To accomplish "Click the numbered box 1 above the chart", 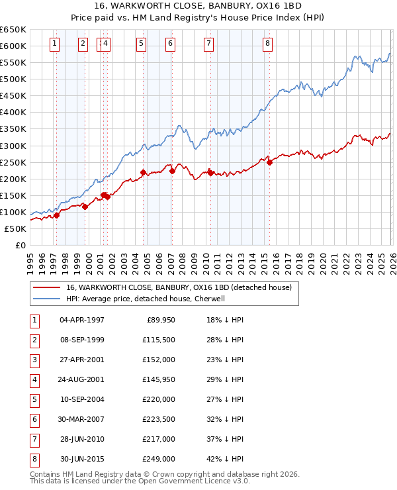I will [54, 44].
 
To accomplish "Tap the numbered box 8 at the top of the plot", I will [267, 44].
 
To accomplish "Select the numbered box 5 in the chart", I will [142, 44].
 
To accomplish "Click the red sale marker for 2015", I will [269, 162].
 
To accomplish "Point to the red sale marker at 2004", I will [143, 172].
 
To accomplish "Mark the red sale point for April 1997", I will [56, 215].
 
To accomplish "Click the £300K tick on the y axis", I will [13, 146].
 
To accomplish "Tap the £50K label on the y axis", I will [15, 228].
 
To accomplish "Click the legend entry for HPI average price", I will [146, 299].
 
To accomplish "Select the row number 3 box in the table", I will [33, 360].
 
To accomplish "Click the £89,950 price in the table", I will [159, 320].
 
